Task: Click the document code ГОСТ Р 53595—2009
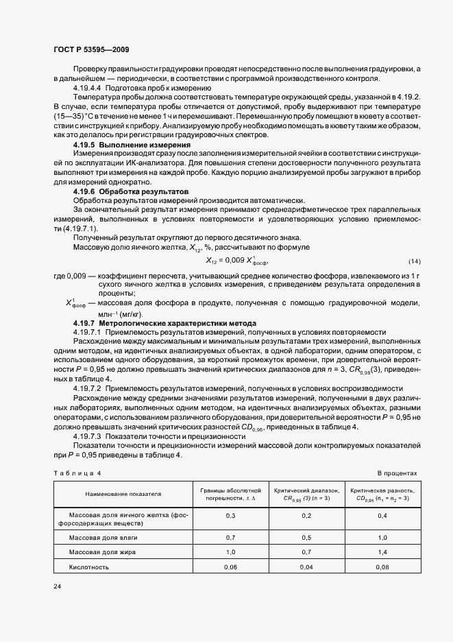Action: pyautogui.click(x=91, y=49)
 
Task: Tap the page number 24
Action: pyautogui.click(x=58, y=587)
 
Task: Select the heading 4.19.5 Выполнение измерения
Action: pyautogui.click(x=132, y=145)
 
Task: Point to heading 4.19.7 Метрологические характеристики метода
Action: pyautogui.click(x=164, y=322)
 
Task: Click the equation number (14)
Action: pyautogui.click(x=414, y=261)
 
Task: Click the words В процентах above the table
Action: pyautogui.click(x=397, y=473)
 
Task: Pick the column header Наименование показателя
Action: pyautogui.click(x=123, y=494)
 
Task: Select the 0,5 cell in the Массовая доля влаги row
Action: pyautogui.click(x=306, y=537)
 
